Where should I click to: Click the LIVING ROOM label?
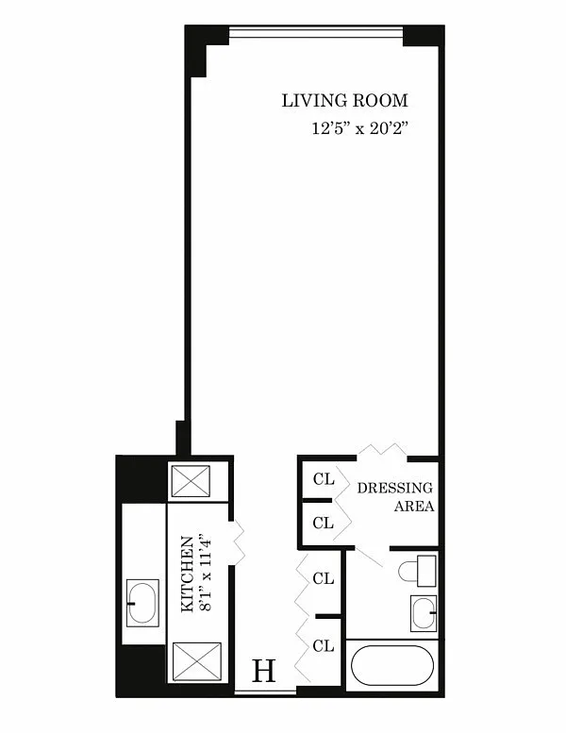coord(345,101)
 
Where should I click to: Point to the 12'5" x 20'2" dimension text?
coord(360,128)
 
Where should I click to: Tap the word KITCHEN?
coord(188,575)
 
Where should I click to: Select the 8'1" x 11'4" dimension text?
coord(206,575)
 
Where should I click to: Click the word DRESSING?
coord(395,488)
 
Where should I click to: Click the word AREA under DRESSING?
coord(414,507)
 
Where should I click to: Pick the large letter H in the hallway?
coord(264,671)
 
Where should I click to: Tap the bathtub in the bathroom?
coord(392,666)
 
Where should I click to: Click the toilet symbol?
coord(417,571)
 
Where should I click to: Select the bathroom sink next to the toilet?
coord(424,613)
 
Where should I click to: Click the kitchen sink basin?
coord(143,603)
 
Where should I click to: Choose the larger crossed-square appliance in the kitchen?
coord(197,661)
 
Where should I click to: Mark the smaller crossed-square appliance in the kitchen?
coord(191,481)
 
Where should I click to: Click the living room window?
coord(316,32)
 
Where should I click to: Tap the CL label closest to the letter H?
coord(324,646)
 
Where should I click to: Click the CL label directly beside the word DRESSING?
coord(324,479)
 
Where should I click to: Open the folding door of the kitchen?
coord(239,541)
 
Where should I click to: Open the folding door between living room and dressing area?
coord(382,449)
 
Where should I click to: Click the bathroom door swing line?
coord(368,556)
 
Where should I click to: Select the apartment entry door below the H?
coord(265,691)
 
